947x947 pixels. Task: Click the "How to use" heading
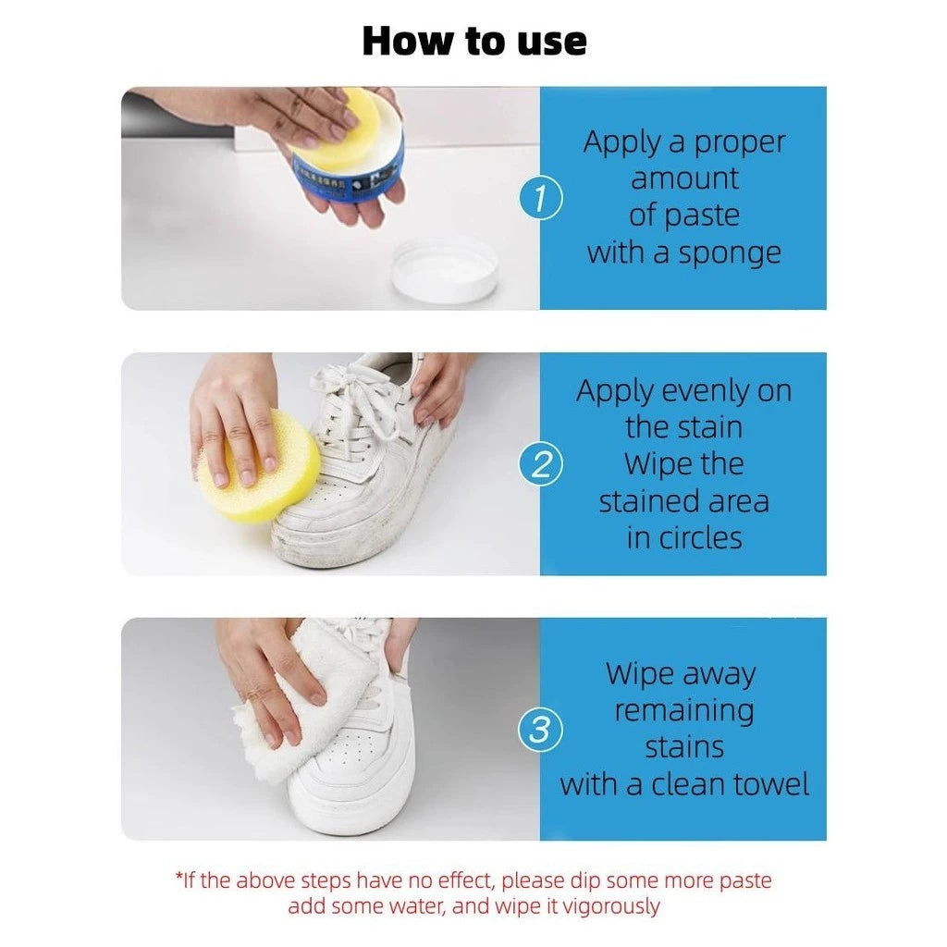pos(474,41)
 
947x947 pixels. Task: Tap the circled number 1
pos(540,198)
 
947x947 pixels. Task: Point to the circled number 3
pos(540,730)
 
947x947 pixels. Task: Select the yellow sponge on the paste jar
pos(338,128)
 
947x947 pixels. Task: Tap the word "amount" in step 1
pos(684,178)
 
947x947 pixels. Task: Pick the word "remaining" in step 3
pos(684,711)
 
